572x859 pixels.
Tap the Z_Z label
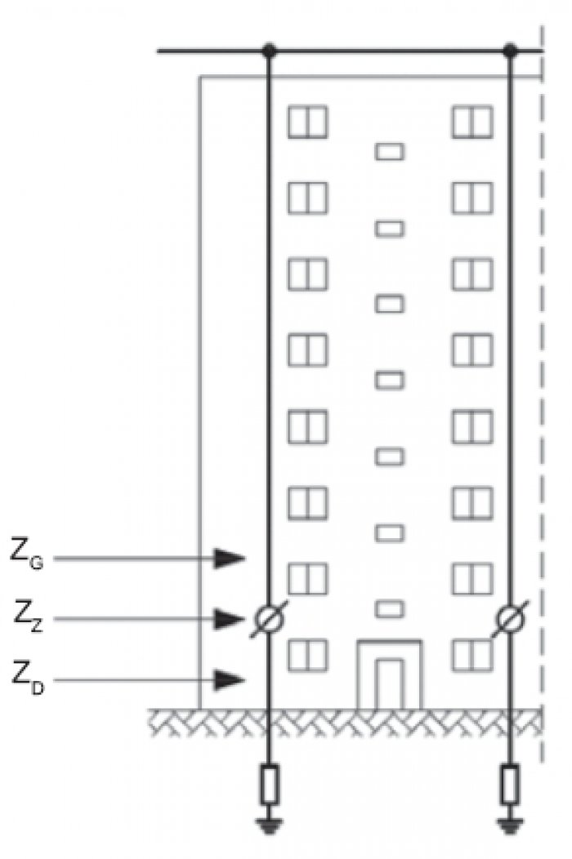point(28,616)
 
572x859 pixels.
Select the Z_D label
point(28,678)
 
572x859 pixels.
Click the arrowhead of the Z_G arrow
point(230,559)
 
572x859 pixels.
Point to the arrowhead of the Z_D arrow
point(230,680)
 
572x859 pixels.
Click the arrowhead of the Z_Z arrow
point(230,619)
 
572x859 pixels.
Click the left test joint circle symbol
point(269,619)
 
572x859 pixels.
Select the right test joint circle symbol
point(510,619)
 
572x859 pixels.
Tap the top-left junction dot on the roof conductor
point(269,51)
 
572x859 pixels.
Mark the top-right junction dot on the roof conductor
point(510,51)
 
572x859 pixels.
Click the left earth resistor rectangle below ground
point(269,785)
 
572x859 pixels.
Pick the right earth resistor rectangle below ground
point(510,785)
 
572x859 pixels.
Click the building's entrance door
point(390,684)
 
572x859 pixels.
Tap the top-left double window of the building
point(308,122)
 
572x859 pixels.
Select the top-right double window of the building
point(472,122)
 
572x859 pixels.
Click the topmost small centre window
point(390,151)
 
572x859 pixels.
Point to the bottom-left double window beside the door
point(308,655)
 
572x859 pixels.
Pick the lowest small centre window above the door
point(390,608)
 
